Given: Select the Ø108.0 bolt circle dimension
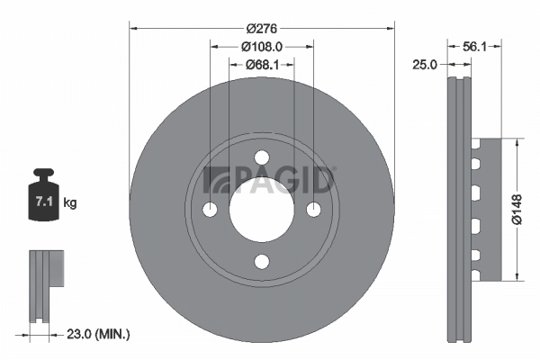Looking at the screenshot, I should click(x=262, y=46).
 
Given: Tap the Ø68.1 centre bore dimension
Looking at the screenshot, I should click(x=262, y=64).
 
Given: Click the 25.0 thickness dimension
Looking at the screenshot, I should click(x=425, y=65).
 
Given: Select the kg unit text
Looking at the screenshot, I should click(x=70, y=203).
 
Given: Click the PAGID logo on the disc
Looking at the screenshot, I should click(x=271, y=178).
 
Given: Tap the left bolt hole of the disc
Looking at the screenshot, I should click(x=211, y=210).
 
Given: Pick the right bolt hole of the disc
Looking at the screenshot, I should click(x=314, y=210).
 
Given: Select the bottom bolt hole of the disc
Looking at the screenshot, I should click(x=262, y=261).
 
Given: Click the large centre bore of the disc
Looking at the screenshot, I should click(x=262, y=210).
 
